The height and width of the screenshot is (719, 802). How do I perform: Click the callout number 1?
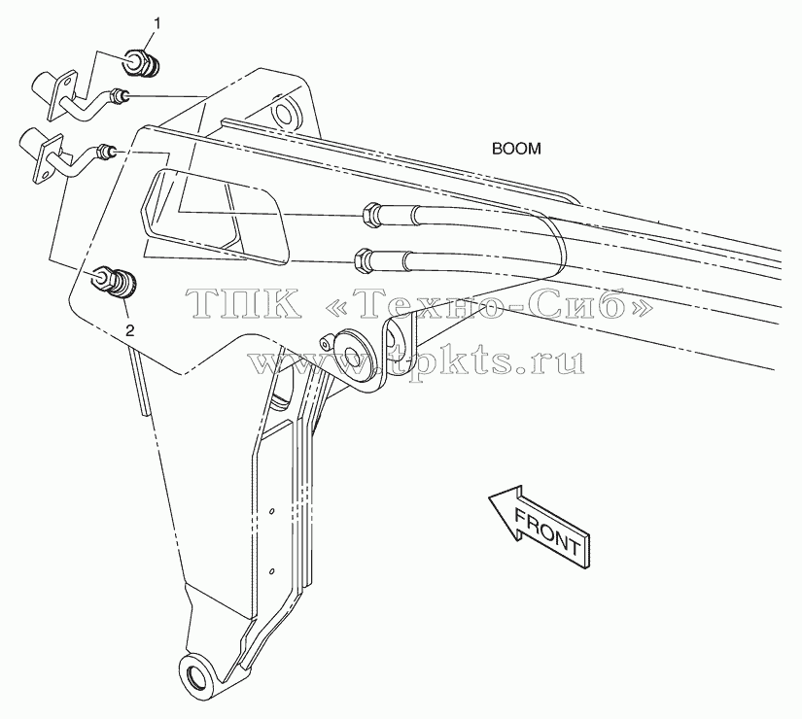(x=157, y=23)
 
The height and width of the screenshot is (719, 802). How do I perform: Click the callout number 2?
(x=130, y=330)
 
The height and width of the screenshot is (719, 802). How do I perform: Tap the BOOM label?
(x=516, y=149)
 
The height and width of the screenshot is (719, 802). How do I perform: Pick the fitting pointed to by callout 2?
(x=117, y=281)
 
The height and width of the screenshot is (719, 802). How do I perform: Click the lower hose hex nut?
(x=364, y=258)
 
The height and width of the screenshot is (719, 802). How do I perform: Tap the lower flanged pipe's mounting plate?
(x=49, y=158)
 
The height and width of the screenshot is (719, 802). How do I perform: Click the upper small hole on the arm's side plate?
(x=272, y=511)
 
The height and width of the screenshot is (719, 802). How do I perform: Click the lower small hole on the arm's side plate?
(x=272, y=569)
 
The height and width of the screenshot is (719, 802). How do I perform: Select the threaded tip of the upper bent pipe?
(x=121, y=95)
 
